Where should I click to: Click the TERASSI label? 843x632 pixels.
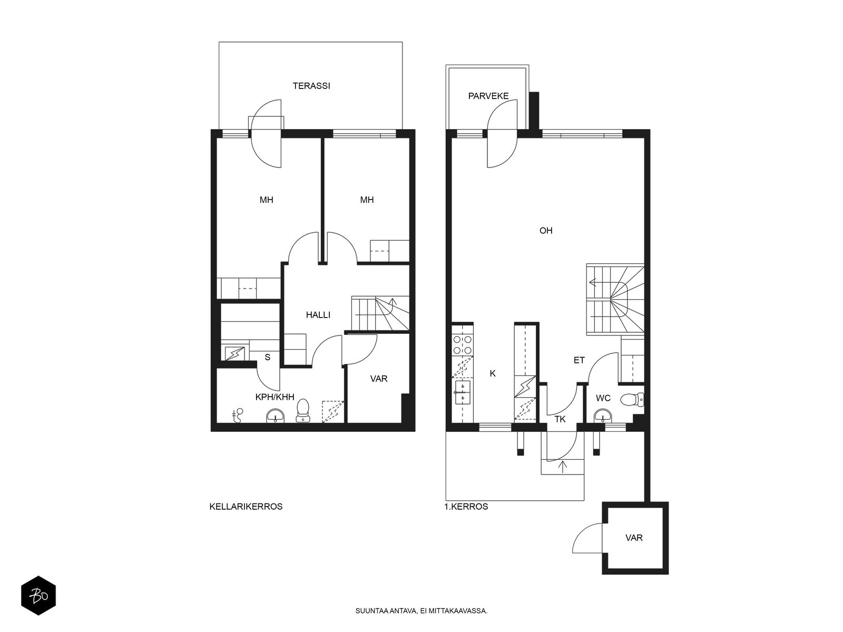[x=311, y=86]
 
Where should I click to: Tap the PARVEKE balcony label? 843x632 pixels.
[x=488, y=96]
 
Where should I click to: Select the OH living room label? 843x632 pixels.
[x=546, y=231]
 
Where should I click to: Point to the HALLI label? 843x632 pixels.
[x=318, y=315]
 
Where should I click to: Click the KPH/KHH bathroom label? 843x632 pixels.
[x=275, y=397]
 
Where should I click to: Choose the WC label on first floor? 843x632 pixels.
[x=603, y=398]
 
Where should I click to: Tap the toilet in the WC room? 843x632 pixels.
[x=632, y=399]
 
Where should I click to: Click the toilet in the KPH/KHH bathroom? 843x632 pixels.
[x=303, y=411]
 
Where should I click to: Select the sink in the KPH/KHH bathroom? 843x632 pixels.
[x=276, y=416]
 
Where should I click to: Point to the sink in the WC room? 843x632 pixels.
[x=603, y=416]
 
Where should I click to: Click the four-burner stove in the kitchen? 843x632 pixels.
[x=463, y=345]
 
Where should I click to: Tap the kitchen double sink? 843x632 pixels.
[x=463, y=392]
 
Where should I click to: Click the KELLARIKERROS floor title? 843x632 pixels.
[x=246, y=507]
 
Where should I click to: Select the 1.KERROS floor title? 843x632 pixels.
[x=466, y=507]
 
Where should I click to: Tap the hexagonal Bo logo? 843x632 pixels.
[x=38, y=596]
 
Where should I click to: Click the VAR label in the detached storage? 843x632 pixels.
[x=634, y=538]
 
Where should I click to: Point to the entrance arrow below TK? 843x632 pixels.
[x=563, y=466]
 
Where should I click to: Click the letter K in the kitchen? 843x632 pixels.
[x=493, y=373]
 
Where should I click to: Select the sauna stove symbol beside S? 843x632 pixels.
[x=234, y=353]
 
